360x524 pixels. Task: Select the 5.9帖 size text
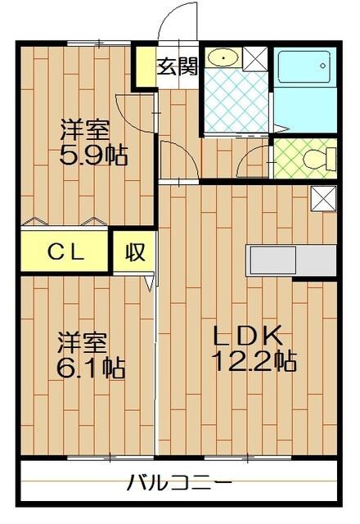click(94, 155)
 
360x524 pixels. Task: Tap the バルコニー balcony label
click(179, 482)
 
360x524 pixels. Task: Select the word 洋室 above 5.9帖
click(82, 129)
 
